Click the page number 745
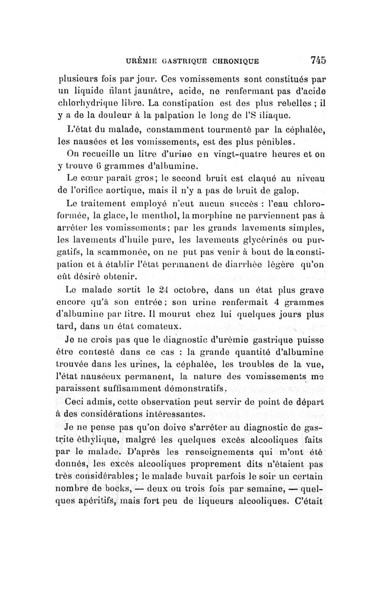click(318, 60)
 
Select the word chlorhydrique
click(90, 102)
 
